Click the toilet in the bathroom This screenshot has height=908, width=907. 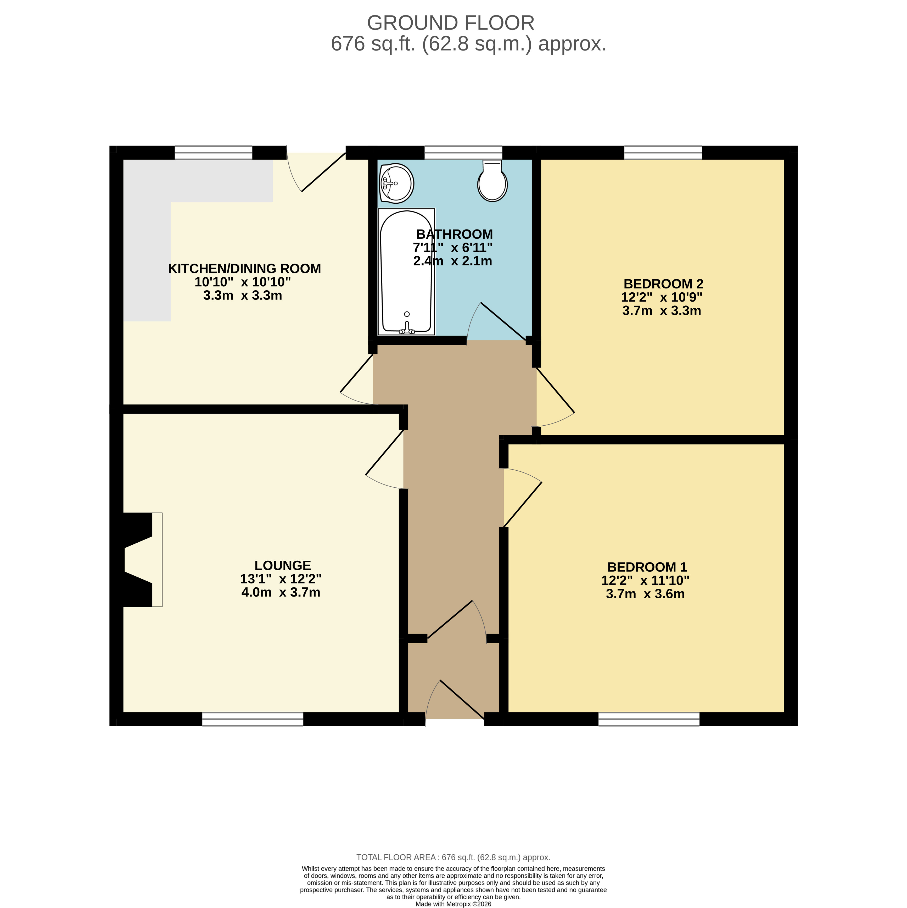point(492,181)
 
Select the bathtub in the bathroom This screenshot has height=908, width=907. point(406,272)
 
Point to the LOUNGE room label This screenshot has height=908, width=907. point(283,565)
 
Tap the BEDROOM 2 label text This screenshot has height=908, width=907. point(663,284)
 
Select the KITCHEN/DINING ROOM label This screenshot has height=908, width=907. point(244,269)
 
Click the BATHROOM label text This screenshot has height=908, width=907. point(455,234)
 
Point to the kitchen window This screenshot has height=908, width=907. point(213,153)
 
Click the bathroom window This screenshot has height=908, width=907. point(463,153)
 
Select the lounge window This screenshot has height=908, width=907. point(253,719)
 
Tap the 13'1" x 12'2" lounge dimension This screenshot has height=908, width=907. point(281,579)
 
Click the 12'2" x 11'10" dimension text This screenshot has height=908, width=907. point(645,581)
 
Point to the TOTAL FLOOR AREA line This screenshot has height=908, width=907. point(453,870)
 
